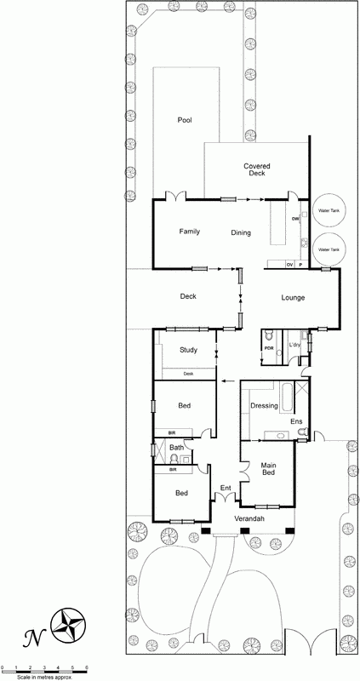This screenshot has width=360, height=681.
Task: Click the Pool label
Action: pyautogui.click(x=185, y=120)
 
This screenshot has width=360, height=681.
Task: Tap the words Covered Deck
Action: pyautogui.click(x=256, y=169)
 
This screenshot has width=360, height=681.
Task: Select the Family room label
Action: pyautogui.click(x=189, y=232)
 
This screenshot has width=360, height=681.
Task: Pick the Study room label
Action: pyautogui.click(x=189, y=350)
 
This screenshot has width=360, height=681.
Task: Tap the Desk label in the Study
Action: pyautogui.click(x=189, y=374)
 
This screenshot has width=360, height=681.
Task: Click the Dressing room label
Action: pyautogui.click(x=264, y=406)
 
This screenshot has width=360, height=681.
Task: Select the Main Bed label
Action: pyautogui.click(x=268, y=469)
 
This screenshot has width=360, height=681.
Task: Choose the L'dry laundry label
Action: pyautogui.click(x=295, y=344)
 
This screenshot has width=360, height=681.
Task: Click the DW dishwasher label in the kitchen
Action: pyautogui.click(x=295, y=219)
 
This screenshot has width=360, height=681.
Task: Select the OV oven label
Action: pyautogui.click(x=289, y=266)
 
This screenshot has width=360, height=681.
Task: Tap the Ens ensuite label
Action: pyautogui.click(x=296, y=421)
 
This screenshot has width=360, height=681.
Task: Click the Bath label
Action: pyautogui.click(x=176, y=448)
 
